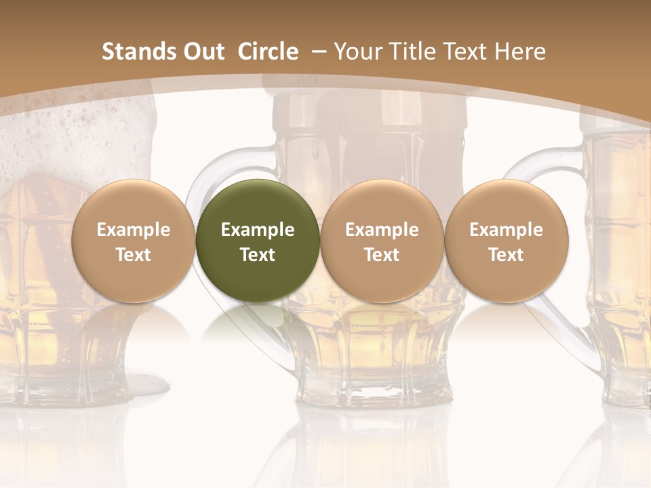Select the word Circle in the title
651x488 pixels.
(x=268, y=52)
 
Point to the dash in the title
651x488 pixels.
(x=319, y=52)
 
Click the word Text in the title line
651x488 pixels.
(x=467, y=52)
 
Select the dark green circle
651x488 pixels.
(x=258, y=241)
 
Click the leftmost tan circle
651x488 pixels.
(x=133, y=241)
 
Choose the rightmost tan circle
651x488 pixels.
(x=506, y=241)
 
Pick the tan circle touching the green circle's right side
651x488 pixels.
(x=382, y=241)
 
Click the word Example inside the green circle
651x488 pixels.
(x=258, y=230)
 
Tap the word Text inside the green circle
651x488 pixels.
(x=258, y=255)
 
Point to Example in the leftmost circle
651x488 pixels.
(x=133, y=230)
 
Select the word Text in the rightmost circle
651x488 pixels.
(x=506, y=255)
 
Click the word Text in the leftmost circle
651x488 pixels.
(x=133, y=255)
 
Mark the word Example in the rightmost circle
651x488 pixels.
(x=506, y=230)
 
